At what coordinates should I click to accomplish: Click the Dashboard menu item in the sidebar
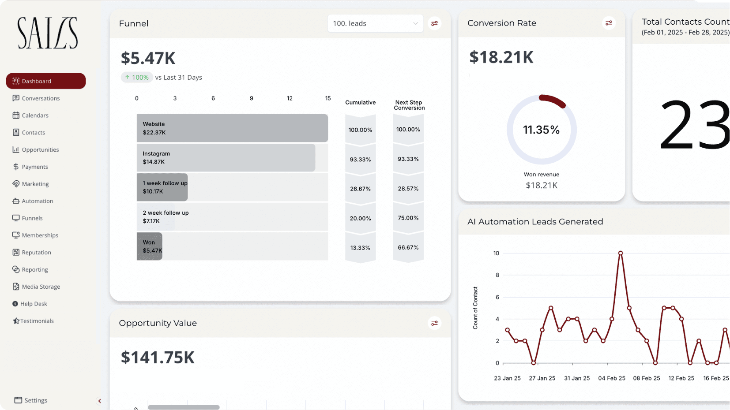click(x=45, y=81)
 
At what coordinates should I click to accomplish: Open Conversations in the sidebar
click(x=36, y=98)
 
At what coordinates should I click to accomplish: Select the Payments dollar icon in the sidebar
click(x=15, y=166)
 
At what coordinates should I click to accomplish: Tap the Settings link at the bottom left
click(x=31, y=400)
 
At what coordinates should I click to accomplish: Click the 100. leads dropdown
click(x=375, y=23)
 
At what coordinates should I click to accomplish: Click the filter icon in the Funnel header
click(x=434, y=23)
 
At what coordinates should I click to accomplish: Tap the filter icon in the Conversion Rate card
click(x=609, y=23)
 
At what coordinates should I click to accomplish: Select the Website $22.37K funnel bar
click(x=232, y=128)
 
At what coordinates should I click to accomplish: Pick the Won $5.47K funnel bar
click(x=149, y=246)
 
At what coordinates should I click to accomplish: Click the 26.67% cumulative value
click(x=360, y=189)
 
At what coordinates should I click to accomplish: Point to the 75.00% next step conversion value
click(x=408, y=218)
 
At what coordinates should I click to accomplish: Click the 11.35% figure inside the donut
click(x=541, y=130)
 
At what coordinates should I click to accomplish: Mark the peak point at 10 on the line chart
click(x=621, y=253)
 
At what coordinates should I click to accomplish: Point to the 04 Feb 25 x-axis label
click(x=612, y=378)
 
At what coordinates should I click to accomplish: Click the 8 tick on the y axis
click(x=497, y=275)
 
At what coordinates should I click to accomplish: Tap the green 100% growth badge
click(x=136, y=77)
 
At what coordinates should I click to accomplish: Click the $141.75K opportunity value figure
click(x=158, y=357)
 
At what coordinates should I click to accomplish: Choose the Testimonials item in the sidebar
click(x=33, y=321)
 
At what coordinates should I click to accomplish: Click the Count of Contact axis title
click(x=475, y=308)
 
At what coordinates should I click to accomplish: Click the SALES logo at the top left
click(x=48, y=33)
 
